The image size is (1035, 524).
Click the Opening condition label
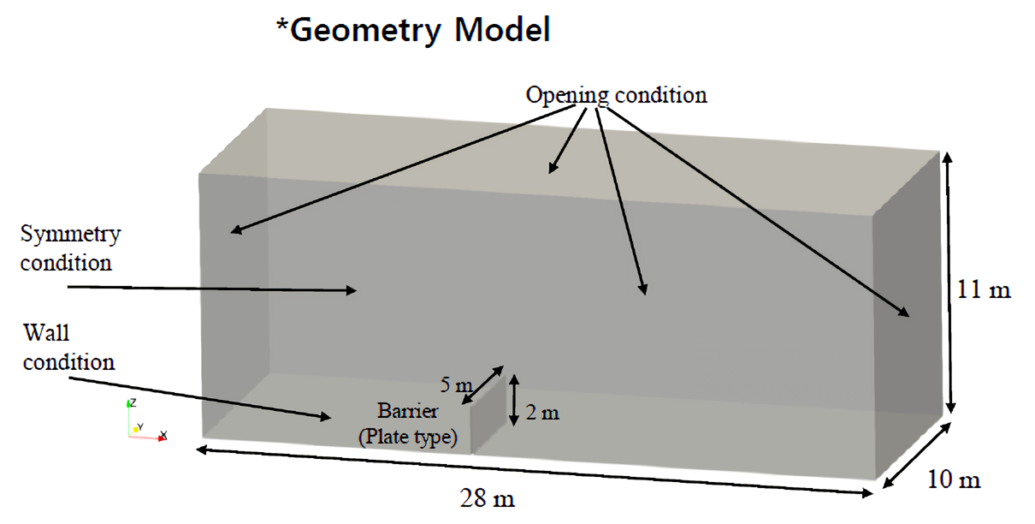(x=617, y=96)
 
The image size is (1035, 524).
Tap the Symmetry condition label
(x=70, y=249)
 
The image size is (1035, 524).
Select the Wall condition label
(x=68, y=348)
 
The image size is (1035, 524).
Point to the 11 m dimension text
(x=984, y=289)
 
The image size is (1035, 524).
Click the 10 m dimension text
(x=954, y=479)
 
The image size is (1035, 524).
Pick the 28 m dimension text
(x=487, y=498)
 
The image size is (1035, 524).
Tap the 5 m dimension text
(x=456, y=384)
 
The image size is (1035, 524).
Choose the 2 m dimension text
(x=542, y=412)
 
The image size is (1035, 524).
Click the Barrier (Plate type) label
(x=408, y=424)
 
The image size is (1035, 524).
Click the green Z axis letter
(x=133, y=402)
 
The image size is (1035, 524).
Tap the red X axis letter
(x=163, y=434)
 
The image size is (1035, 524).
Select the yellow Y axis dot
(x=135, y=430)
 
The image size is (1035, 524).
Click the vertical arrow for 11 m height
(x=949, y=282)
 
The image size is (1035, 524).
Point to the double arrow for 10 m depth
(x=916, y=456)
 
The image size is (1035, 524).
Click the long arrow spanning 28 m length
(x=535, y=471)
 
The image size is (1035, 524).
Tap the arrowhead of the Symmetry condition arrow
(x=352, y=290)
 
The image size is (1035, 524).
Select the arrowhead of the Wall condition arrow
(x=326, y=417)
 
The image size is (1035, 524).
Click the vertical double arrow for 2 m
(x=514, y=400)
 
